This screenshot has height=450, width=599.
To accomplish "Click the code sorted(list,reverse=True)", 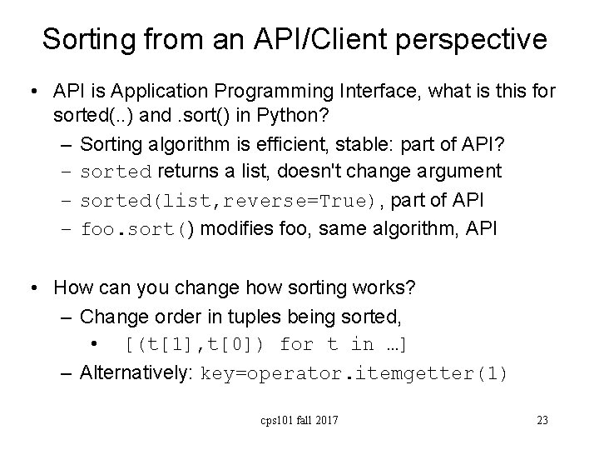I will point(232,200).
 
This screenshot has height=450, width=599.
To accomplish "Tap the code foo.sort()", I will point(136,227).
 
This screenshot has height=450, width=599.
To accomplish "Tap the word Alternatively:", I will point(137,372).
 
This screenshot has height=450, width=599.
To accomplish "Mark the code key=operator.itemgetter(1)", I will point(354,372).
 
